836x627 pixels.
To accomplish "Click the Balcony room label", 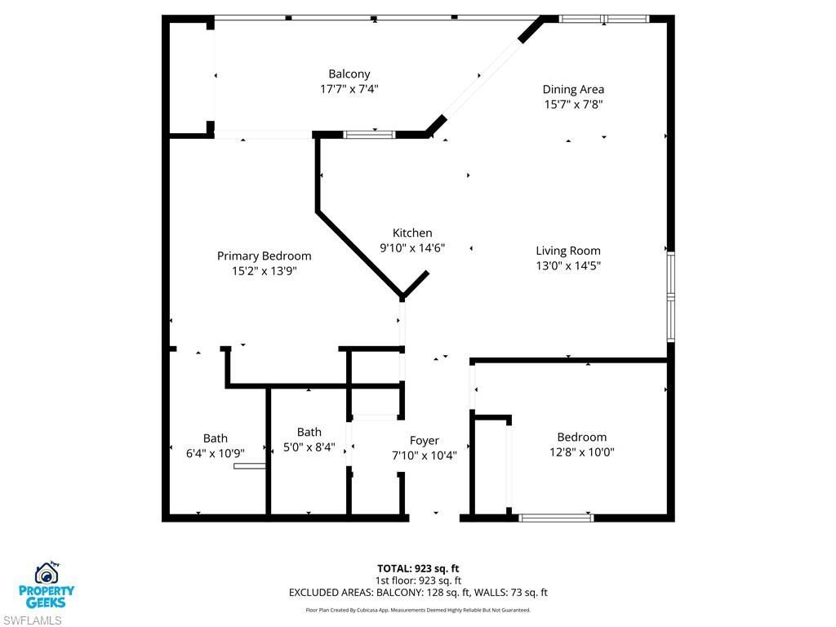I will (x=349, y=74).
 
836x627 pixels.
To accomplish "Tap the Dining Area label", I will (x=573, y=90).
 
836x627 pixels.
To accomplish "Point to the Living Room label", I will (x=567, y=251).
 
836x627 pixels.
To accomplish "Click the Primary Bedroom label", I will (x=264, y=256).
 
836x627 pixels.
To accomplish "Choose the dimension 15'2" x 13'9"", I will (x=264, y=270).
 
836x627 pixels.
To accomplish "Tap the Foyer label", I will (x=424, y=441).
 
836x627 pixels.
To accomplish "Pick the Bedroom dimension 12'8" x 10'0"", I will (x=581, y=451).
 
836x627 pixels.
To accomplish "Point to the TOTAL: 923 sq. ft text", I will (x=417, y=568).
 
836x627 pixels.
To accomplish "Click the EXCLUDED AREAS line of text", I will (x=417, y=593).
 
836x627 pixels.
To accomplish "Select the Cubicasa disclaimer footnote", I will (x=417, y=610).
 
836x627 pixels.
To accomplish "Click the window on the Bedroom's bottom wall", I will (x=557, y=517).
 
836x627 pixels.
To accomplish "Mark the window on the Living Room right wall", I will (x=670, y=296).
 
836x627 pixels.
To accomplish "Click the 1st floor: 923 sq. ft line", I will (x=417, y=580).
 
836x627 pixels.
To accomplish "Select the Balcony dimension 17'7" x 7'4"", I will (x=349, y=89).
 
